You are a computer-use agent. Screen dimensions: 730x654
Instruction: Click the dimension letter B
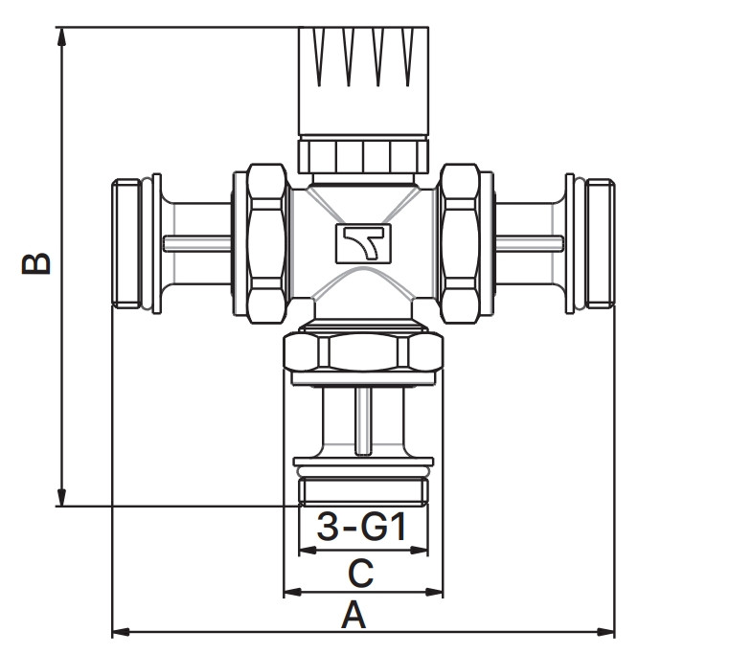point(36,263)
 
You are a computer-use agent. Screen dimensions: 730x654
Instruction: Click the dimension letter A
point(354,615)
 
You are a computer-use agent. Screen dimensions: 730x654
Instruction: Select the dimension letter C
point(361,574)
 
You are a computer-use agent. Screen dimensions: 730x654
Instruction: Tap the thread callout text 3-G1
point(361,527)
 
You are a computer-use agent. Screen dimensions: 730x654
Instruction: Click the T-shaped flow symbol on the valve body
point(364,243)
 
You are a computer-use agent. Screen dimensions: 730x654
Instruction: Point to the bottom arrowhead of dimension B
point(61,497)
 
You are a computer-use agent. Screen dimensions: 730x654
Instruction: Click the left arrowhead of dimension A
point(121,632)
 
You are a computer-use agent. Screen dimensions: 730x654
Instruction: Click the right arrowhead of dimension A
point(605,632)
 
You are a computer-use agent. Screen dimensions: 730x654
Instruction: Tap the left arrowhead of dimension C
point(293,592)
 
